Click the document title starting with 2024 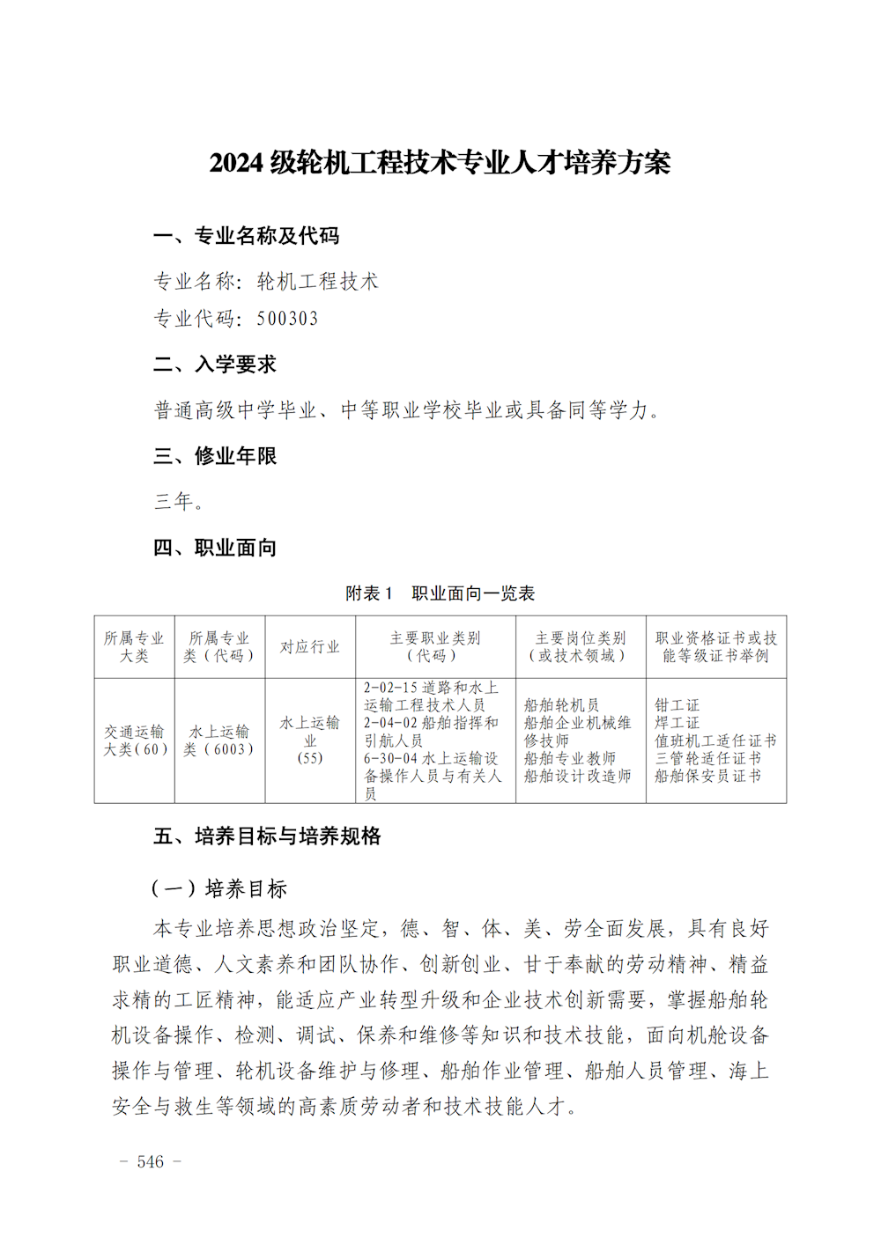440,163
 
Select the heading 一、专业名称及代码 246,236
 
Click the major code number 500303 287,319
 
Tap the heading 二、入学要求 215,365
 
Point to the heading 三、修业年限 215,456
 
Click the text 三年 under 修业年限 179,502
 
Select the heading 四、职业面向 215,548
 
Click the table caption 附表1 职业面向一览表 440,593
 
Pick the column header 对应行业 309,647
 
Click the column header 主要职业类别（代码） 434,647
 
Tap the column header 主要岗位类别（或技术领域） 580,647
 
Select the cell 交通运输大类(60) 135,740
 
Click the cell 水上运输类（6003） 219,740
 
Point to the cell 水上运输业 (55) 309,740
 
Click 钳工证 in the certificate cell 677,705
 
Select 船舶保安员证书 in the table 707,776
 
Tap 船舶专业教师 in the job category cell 569,758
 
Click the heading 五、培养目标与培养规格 267,836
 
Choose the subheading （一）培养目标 219,888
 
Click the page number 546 151,1162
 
